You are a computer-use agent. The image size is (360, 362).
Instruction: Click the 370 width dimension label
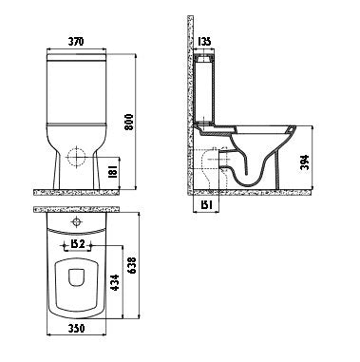tap(76, 41)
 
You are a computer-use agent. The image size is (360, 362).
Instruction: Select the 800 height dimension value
tap(129, 123)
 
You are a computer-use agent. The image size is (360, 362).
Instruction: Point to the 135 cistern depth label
tap(204, 42)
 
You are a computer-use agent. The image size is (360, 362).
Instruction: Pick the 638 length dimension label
tap(132, 266)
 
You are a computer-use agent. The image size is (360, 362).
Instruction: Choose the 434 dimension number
tap(115, 283)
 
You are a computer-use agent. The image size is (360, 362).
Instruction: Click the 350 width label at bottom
tap(77, 328)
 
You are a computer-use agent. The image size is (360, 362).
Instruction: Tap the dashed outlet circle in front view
tap(76, 158)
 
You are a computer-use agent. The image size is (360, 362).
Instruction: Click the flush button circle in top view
tap(76, 221)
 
